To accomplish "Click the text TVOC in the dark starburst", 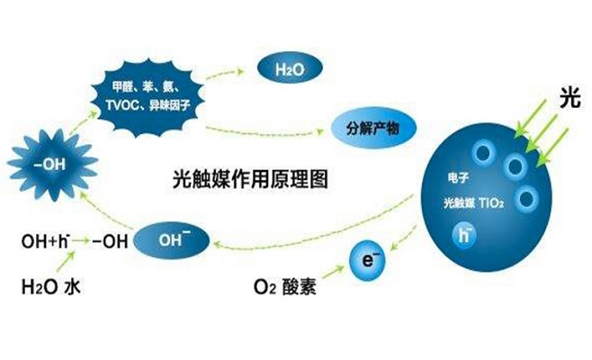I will point(120,104).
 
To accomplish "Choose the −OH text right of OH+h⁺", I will point(109,242).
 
